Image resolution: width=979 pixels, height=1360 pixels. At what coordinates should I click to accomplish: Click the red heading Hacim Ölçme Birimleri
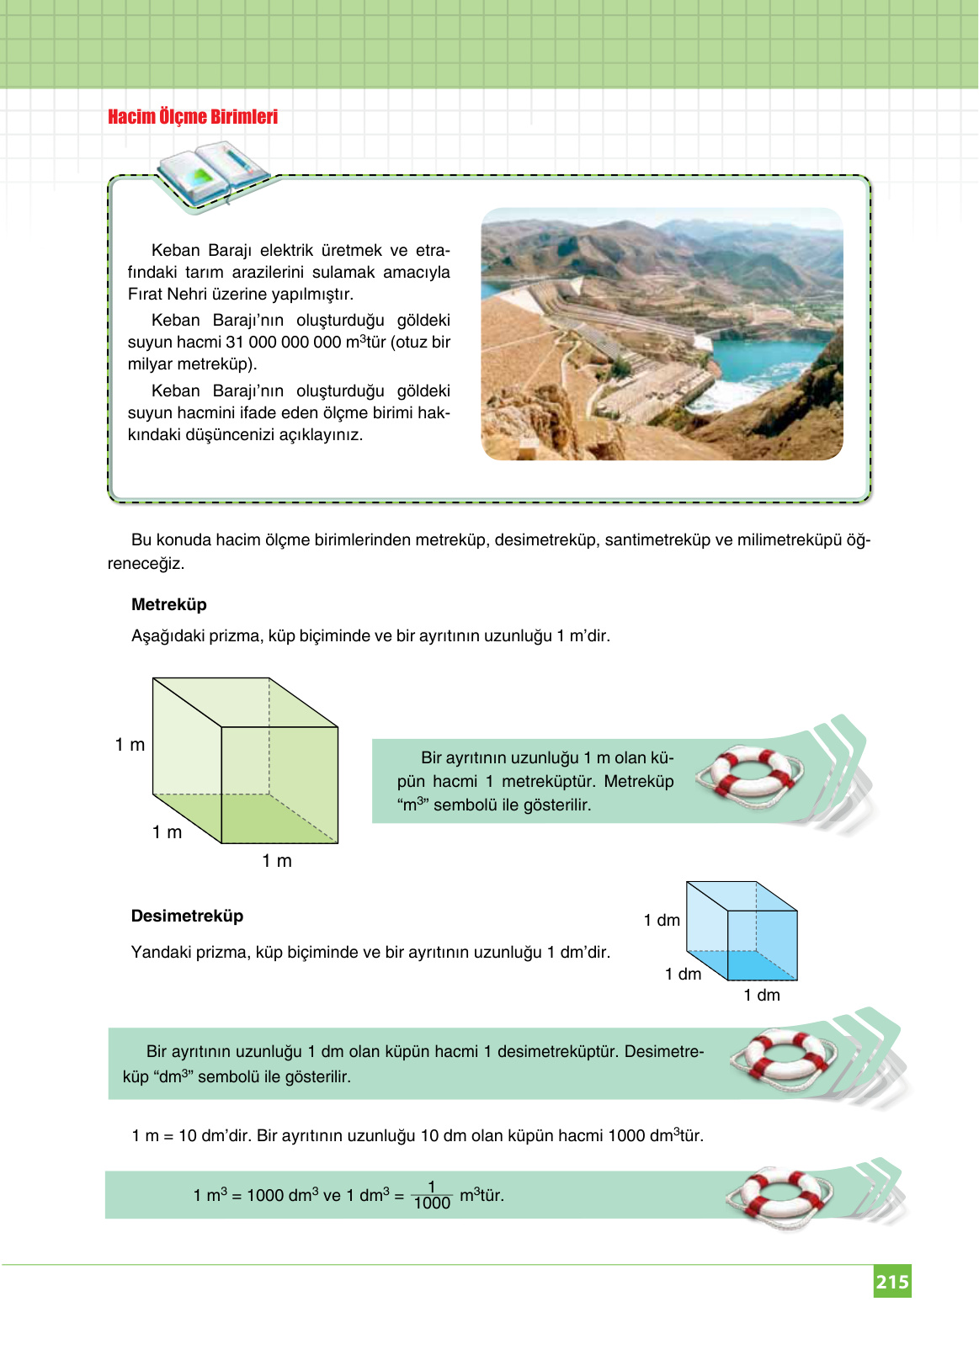(x=193, y=117)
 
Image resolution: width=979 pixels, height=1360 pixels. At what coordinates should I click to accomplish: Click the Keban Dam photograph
(x=662, y=334)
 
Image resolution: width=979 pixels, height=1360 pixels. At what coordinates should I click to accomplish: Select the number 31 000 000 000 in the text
(x=283, y=343)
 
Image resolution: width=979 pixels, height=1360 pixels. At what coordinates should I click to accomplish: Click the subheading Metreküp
(x=168, y=604)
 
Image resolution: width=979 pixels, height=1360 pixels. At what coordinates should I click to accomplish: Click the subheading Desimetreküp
(x=187, y=916)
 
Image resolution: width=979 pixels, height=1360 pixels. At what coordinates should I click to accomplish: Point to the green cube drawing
(x=246, y=760)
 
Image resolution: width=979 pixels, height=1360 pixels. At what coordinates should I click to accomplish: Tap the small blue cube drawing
(x=742, y=931)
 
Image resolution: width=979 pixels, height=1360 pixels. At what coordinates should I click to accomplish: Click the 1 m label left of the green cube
(x=130, y=745)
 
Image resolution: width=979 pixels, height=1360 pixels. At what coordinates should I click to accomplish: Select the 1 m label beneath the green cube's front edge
(x=277, y=861)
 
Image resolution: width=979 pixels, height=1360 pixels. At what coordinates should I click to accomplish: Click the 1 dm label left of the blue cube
(x=662, y=920)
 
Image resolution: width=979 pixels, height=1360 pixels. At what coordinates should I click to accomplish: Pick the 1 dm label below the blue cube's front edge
(x=762, y=995)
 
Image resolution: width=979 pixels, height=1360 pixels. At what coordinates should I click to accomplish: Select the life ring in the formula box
(x=779, y=1196)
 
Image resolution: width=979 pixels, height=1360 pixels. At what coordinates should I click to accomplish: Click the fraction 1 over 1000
(x=432, y=1195)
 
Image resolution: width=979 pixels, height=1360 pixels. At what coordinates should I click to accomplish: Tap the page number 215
(x=891, y=1282)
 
